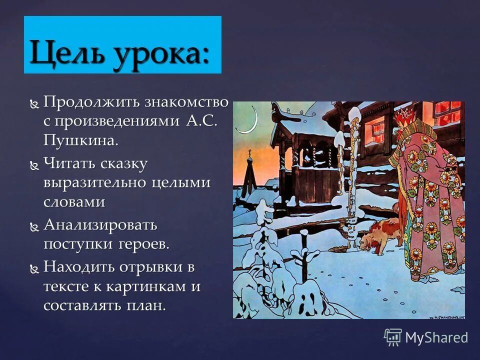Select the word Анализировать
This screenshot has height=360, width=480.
tap(100, 225)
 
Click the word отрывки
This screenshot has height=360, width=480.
tap(152, 267)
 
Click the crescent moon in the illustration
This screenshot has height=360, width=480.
tap(249, 121)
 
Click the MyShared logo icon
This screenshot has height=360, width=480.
tap(392, 337)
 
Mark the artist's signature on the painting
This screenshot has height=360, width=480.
tap(446, 315)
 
